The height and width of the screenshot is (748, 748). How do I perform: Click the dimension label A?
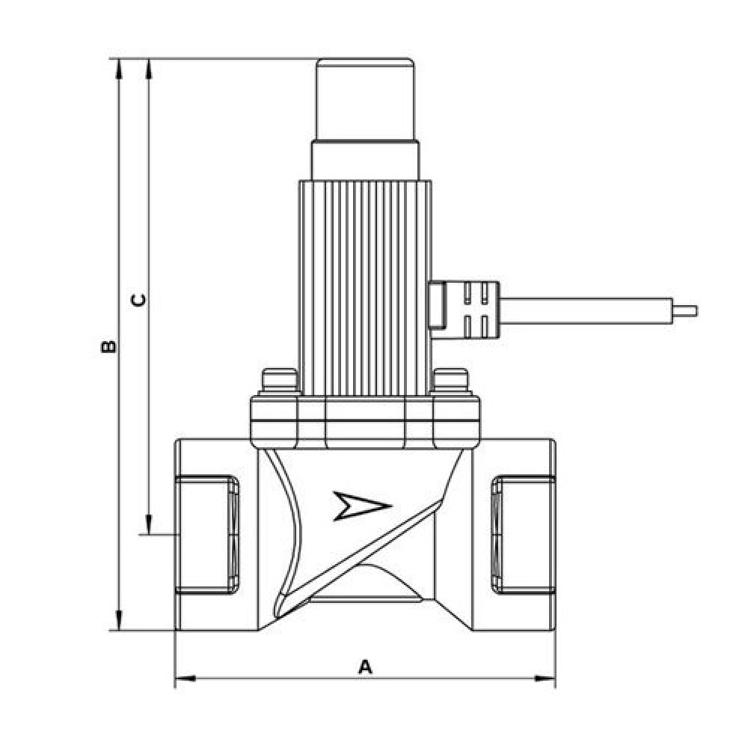pos(366,666)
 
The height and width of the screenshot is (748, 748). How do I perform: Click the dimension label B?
pos(108,346)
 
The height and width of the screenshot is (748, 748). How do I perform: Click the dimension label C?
pos(138,300)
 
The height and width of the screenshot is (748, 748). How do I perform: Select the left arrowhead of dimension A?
pos(185,678)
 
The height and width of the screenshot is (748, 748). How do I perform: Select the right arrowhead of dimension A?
pos(545,678)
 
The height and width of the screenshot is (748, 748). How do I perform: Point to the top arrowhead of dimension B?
pos(119,69)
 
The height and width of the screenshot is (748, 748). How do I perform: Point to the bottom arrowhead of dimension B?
pos(119,619)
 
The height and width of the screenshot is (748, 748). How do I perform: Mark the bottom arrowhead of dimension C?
pos(149,525)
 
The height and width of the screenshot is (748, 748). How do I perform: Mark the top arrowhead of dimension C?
pos(149,69)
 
